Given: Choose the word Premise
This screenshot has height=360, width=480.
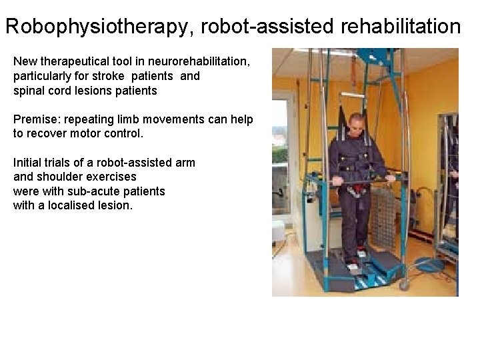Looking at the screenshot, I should pos(36,119).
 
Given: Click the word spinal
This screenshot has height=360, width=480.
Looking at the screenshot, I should pos(29,90).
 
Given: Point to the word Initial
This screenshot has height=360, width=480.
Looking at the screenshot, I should pos(28,163).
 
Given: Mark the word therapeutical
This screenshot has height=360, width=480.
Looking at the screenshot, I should pos(76,62).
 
